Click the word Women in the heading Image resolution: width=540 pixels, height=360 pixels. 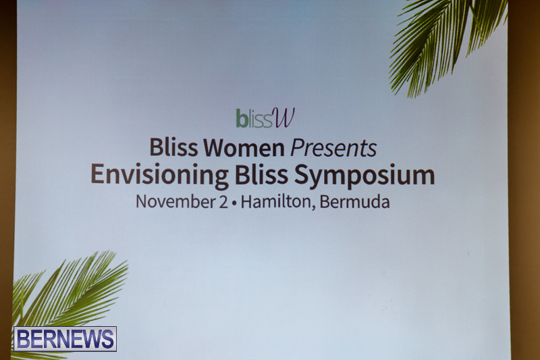tap(244, 148)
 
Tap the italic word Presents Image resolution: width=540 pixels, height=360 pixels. tap(333, 148)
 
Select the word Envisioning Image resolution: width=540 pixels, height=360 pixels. tap(159, 175)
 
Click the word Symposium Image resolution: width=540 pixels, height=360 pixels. tap(364, 176)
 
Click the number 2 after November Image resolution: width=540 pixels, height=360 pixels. tap(223, 202)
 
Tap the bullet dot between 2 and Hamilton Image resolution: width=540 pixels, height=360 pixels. tap(234, 203)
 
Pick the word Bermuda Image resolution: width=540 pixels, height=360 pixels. tap(355, 202)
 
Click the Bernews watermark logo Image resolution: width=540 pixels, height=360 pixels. tap(65, 338)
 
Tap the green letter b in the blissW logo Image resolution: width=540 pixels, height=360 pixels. tap(242, 118)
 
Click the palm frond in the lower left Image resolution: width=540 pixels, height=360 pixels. tap(65, 293)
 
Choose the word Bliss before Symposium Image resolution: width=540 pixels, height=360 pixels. tap(261, 175)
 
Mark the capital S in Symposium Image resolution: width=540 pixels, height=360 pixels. tap(302, 175)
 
